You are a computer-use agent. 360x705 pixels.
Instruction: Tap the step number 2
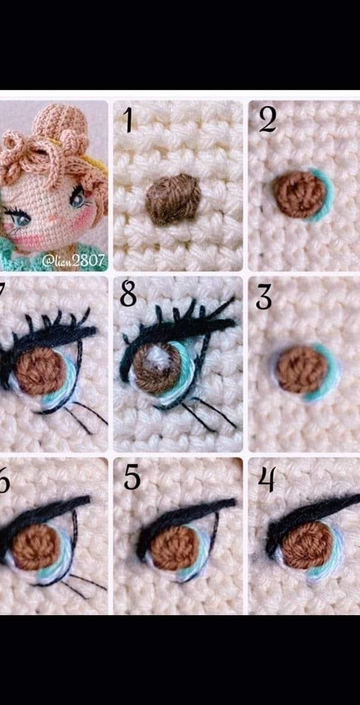pyautogui.click(x=267, y=120)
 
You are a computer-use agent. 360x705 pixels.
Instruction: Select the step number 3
pyautogui.click(x=263, y=298)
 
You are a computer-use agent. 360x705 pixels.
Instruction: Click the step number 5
pyautogui.click(x=132, y=479)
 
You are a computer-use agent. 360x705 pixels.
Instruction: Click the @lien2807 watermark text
pyautogui.click(x=73, y=260)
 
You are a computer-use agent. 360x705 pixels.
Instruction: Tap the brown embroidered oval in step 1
pyautogui.click(x=173, y=199)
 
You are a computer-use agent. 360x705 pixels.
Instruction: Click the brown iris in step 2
pyautogui.click(x=299, y=194)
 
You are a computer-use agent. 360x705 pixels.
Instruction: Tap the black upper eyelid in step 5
pyautogui.click(x=182, y=515)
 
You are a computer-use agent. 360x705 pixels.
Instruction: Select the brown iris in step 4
pyautogui.click(x=307, y=545)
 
